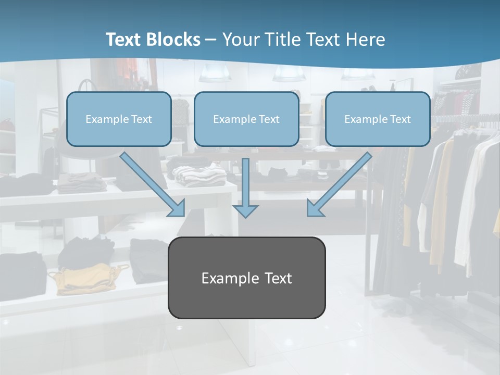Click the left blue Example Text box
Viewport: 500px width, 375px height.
[x=119, y=119]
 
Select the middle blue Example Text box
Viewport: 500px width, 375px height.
[x=246, y=119]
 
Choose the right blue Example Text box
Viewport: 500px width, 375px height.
[x=378, y=119]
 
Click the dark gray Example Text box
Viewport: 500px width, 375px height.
[x=246, y=278]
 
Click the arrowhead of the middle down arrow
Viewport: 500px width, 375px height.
[x=245, y=210]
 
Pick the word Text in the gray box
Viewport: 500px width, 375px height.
[x=277, y=278]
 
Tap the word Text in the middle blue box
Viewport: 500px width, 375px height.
[x=269, y=119]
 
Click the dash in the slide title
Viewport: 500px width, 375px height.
[x=211, y=40]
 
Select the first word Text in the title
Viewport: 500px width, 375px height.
[x=124, y=40]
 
